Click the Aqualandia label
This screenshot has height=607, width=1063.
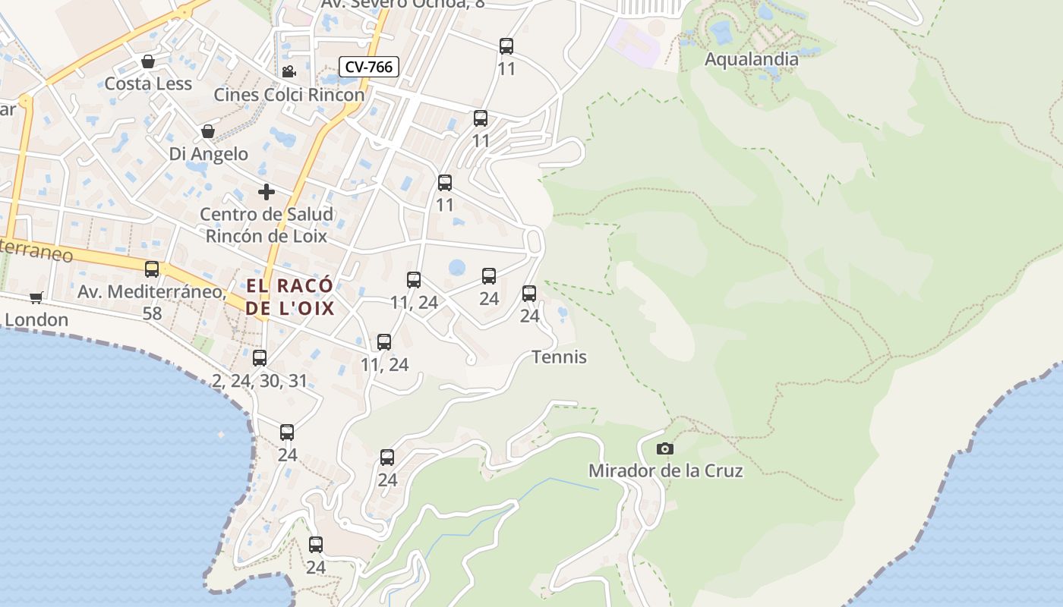751,59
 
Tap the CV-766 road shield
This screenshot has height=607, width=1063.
368,67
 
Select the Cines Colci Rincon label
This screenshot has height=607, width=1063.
289,95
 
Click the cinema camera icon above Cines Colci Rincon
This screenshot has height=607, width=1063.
289,72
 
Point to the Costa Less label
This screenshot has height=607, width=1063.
148,83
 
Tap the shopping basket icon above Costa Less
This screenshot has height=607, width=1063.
148,61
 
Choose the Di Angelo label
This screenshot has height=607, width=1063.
208,154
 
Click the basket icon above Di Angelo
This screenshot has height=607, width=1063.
207,132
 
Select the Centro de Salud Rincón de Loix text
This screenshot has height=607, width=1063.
266,225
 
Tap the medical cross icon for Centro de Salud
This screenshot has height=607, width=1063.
266,192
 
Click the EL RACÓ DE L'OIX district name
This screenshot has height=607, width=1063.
289,297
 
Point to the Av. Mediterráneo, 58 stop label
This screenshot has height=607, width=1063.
152,301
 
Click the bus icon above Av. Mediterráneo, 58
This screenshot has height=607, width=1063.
152,269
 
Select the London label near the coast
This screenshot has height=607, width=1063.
36,320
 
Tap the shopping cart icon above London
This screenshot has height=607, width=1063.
36,297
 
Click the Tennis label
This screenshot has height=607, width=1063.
559,357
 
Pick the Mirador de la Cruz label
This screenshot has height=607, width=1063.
665,471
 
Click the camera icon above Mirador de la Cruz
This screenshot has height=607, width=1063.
664,449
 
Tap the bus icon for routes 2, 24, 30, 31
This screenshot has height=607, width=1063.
260,358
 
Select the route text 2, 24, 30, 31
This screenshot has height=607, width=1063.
260,381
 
